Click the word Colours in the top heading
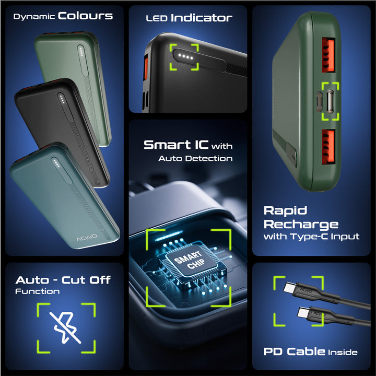(x=85, y=16)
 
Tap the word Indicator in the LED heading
(x=202, y=18)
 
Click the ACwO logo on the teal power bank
(x=87, y=238)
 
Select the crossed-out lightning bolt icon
(x=65, y=327)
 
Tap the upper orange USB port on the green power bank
(x=328, y=55)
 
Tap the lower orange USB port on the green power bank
(x=328, y=147)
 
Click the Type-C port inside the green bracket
(x=330, y=101)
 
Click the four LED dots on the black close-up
(x=185, y=57)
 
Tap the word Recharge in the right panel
(x=301, y=225)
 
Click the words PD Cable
(x=294, y=351)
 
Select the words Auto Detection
(x=195, y=158)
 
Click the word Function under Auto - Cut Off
(x=38, y=291)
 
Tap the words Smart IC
(x=176, y=145)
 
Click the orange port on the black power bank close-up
(x=146, y=67)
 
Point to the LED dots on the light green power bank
(x=81, y=51)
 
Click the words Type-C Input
(x=325, y=237)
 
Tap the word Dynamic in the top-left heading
(x=34, y=17)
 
